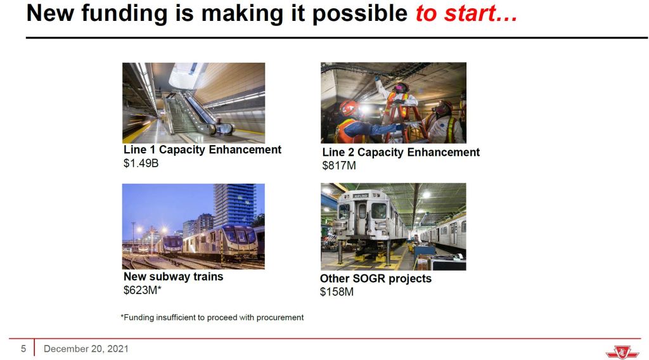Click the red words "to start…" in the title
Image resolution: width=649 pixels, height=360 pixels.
466,13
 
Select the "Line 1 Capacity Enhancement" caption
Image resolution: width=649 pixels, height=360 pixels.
202,150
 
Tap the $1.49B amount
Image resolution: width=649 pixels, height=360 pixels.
141,164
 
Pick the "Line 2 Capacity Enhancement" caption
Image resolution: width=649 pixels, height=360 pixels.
401,152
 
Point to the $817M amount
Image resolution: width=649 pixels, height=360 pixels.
339,165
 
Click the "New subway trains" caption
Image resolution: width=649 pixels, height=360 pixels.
173,276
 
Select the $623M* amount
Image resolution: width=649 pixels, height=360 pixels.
143,290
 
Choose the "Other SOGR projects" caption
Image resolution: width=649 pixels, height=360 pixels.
375,278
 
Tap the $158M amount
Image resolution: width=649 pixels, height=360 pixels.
337,292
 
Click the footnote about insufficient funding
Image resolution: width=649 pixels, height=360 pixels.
212,318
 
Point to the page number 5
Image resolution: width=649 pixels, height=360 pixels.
23,349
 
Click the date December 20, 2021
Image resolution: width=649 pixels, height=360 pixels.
86,349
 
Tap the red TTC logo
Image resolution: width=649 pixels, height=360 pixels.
622,352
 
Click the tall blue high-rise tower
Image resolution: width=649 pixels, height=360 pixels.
235,205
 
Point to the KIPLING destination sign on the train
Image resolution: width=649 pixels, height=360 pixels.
361,196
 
